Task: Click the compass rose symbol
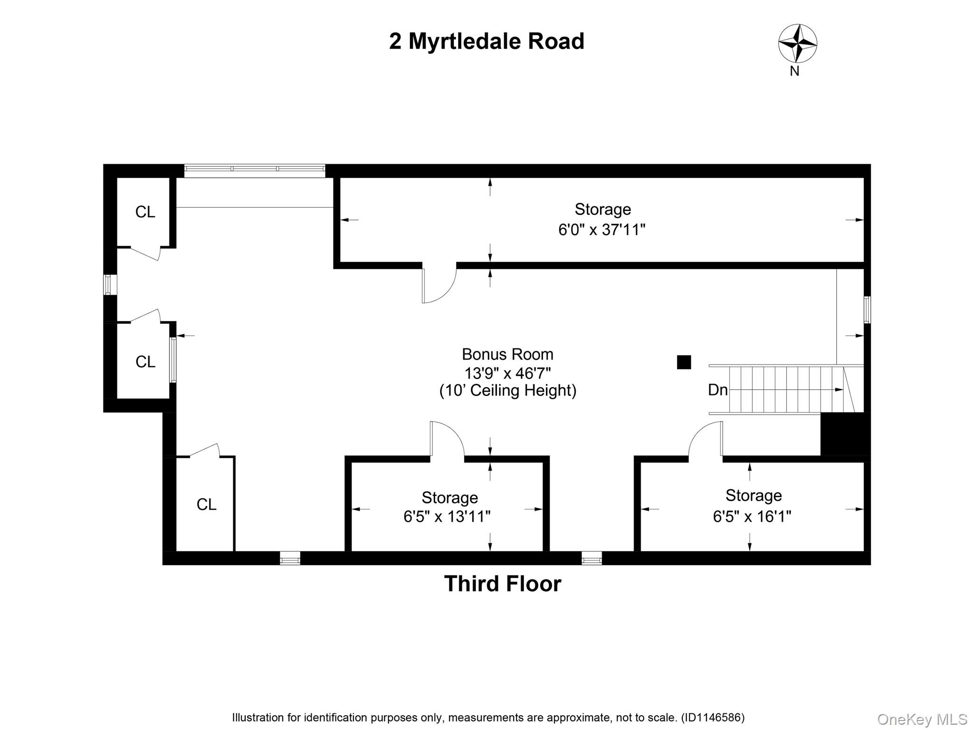tap(797, 43)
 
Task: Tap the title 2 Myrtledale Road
tap(486, 41)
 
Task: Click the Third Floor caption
tap(502, 584)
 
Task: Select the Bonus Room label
tap(507, 355)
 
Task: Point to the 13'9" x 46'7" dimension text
tap(507, 373)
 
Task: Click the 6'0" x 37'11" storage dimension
tap(601, 230)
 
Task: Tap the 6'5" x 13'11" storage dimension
tap(447, 517)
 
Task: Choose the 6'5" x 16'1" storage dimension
tap(752, 517)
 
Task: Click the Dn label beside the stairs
tap(717, 390)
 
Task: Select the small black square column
tap(684, 362)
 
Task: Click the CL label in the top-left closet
tap(145, 212)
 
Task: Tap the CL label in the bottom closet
tap(206, 505)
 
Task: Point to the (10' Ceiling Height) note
tap(507, 391)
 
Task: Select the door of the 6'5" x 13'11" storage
tap(447, 440)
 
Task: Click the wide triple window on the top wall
tap(255, 170)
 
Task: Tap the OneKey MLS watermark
tap(922, 720)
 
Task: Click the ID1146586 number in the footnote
tap(712, 718)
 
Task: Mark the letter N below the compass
tap(794, 71)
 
